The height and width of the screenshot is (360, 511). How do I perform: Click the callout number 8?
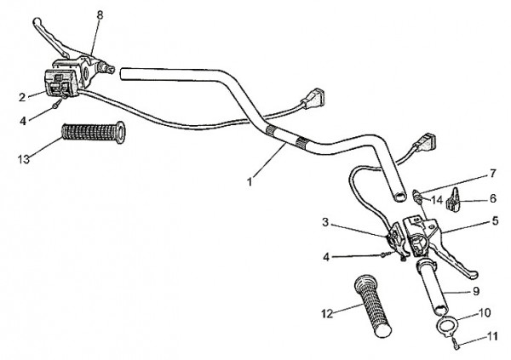[100, 15]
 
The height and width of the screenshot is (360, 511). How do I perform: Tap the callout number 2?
[22, 97]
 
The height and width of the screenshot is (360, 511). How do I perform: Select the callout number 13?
[24, 159]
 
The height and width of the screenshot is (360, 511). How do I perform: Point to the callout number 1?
[250, 181]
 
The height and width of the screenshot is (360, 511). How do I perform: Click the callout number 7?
[492, 174]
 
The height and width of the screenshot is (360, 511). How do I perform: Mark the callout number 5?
[495, 221]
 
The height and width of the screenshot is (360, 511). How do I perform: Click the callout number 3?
[325, 222]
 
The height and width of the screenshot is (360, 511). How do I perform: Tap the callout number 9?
[476, 291]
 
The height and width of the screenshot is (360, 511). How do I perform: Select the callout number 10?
[485, 312]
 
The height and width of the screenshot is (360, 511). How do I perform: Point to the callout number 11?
[491, 336]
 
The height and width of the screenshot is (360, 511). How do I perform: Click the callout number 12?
[327, 314]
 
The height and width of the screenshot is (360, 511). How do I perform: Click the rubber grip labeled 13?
[93, 132]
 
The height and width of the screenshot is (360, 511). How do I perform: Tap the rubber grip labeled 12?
[373, 306]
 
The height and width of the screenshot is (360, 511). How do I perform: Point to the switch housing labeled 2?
[60, 83]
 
